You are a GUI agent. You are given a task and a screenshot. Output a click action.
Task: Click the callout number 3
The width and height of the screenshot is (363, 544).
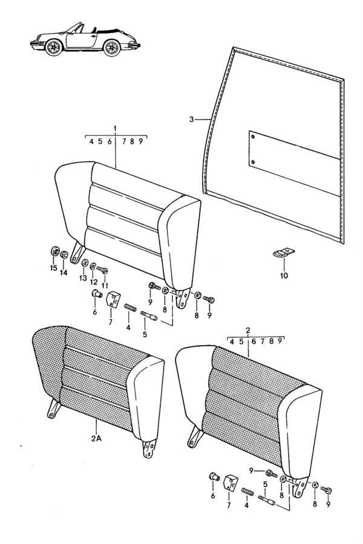point(191,120)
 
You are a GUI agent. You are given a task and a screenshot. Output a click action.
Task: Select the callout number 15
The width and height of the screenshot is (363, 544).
point(53,268)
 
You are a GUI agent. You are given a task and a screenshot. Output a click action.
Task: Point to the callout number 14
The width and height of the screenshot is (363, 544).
point(64,273)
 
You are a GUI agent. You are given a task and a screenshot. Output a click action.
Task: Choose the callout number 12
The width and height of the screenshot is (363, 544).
point(94,282)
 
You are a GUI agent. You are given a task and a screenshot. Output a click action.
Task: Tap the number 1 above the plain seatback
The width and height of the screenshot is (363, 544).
point(115,129)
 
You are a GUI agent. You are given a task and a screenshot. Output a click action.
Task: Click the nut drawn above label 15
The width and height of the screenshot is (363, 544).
point(54,251)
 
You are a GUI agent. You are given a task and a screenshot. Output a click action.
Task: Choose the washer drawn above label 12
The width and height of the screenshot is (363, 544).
point(93,267)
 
